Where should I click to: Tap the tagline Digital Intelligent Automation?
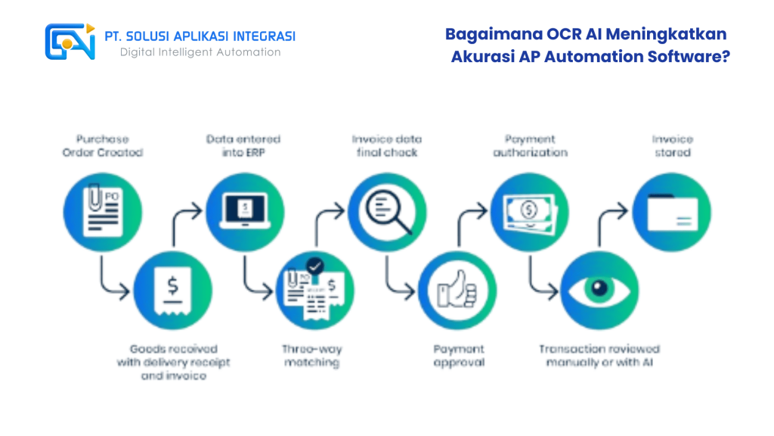(x=200, y=52)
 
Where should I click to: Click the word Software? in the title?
(x=687, y=57)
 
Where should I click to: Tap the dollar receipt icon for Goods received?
(x=173, y=291)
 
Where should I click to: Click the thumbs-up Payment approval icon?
(x=457, y=291)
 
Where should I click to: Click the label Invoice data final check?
(x=387, y=145)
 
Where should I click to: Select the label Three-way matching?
(x=312, y=356)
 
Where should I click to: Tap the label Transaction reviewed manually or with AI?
(x=599, y=356)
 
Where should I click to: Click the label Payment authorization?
(x=530, y=145)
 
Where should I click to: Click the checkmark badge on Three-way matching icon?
(x=314, y=266)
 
